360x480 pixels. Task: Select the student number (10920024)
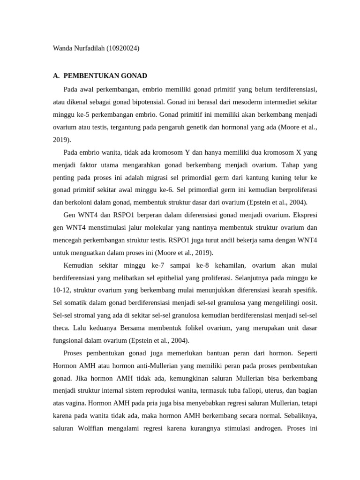pyautogui.click(x=123, y=48)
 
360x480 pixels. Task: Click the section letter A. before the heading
pyautogui.click(x=56, y=75)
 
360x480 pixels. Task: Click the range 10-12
pyautogui.click(x=61, y=291)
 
